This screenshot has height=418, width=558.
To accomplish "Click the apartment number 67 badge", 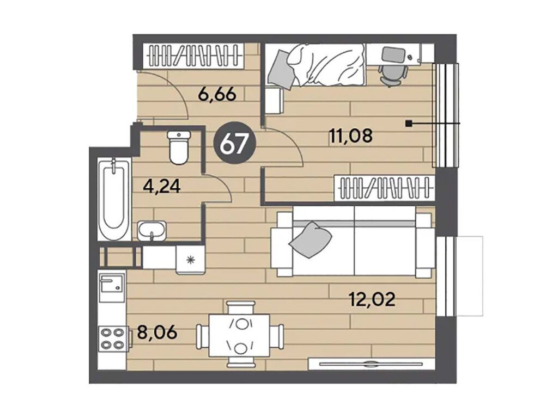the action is (234, 144).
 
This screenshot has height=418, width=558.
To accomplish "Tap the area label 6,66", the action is (217, 95).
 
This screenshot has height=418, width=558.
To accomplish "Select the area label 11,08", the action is (351, 136).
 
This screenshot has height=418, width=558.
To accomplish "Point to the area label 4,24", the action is (161, 186).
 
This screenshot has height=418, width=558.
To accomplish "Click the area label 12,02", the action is (372, 300).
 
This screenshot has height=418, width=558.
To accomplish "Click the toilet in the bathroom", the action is (179, 147).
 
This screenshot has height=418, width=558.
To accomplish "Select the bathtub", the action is (114, 199).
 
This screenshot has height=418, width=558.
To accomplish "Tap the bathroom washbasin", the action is (151, 231).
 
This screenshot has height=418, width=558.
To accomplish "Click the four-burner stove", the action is (112, 339).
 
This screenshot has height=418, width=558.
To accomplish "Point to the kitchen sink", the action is (112, 288).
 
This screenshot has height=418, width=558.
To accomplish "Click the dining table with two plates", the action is (240, 336).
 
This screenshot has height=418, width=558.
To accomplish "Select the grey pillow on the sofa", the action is (310, 240).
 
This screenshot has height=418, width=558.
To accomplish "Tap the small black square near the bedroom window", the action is (409, 124).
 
